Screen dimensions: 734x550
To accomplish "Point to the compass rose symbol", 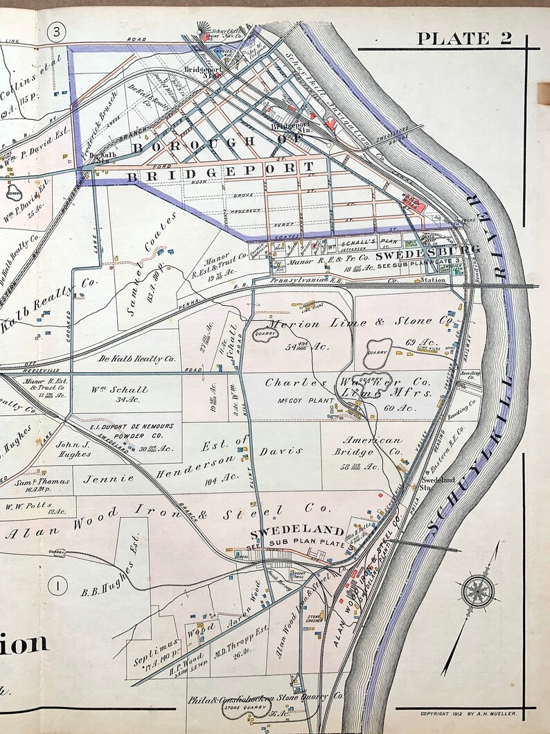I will coord(477,592).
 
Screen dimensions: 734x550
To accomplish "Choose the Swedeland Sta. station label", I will coord(438,482).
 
